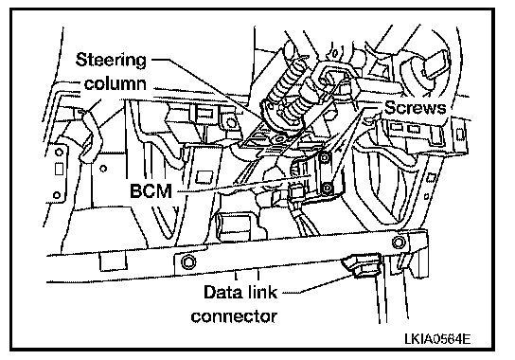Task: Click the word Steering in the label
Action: tap(111, 61)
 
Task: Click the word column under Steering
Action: tap(115, 83)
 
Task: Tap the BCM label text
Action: tap(151, 190)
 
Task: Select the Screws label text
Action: tap(416, 107)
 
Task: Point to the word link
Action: tap(261, 292)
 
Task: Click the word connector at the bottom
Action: tap(234, 316)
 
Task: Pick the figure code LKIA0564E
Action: tap(437, 338)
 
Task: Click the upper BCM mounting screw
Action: tap(325, 158)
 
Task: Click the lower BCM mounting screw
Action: tap(327, 189)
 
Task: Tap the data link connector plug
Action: tap(363, 264)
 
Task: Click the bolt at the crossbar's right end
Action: tap(399, 243)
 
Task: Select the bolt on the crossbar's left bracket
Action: tap(188, 262)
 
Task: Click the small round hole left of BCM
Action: tap(103, 169)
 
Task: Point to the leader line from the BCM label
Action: tap(243, 184)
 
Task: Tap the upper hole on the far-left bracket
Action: tap(59, 153)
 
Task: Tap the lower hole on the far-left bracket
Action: tap(57, 195)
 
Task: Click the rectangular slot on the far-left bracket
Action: tap(59, 169)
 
